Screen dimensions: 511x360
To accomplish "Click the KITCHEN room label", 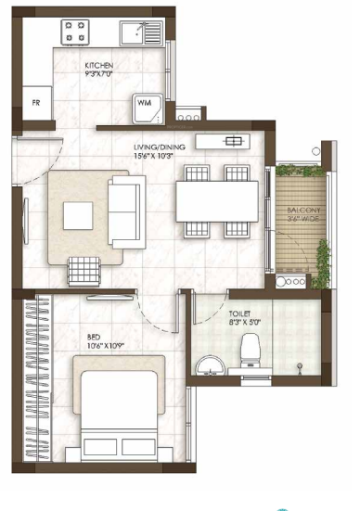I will tap(99, 66).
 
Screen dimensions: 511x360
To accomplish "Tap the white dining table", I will tap(217, 199).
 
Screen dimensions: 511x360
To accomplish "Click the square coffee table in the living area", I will tap(78, 216).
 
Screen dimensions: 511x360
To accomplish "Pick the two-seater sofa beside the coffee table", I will tap(124, 214).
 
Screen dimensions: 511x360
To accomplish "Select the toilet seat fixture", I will tap(250, 351).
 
